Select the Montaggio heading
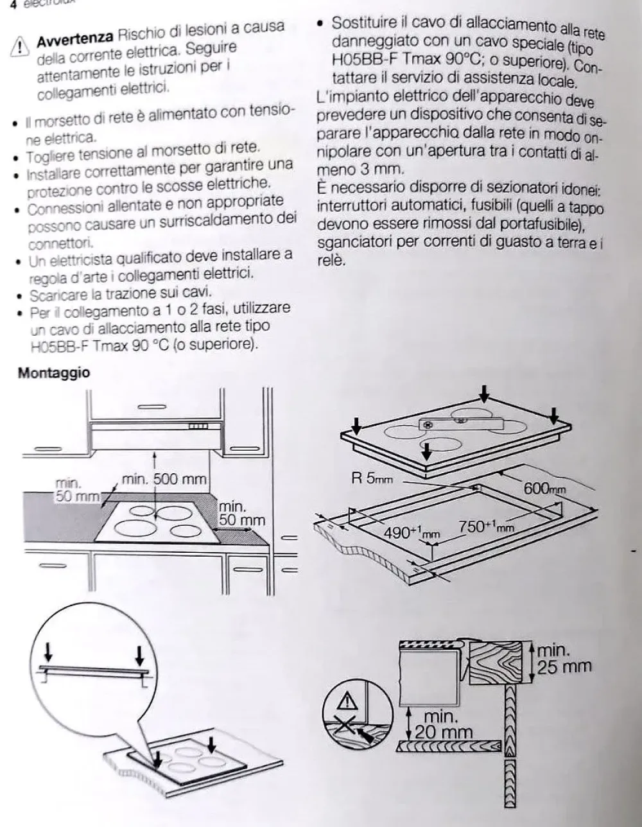point(54,373)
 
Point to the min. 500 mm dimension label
point(164,479)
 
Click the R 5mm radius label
point(372,479)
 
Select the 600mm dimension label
point(545,488)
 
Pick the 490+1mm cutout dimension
point(412,532)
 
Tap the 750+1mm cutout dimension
point(486,527)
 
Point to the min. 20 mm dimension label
point(442,724)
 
